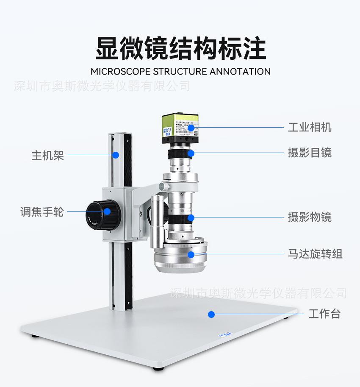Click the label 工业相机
(x=310, y=127)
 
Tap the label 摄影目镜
(x=310, y=153)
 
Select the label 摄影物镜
(x=310, y=217)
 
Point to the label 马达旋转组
(x=315, y=254)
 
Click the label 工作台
(x=324, y=314)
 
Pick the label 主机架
(x=47, y=155)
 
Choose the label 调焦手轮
(x=42, y=212)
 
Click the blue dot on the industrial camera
(x=191, y=127)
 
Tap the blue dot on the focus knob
(x=108, y=211)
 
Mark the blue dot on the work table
(x=211, y=315)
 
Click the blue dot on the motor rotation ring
(x=191, y=254)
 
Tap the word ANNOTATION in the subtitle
(x=239, y=71)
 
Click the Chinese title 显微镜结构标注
(x=180, y=48)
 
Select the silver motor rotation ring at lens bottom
(x=180, y=259)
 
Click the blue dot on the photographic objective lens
(x=191, y=218)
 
